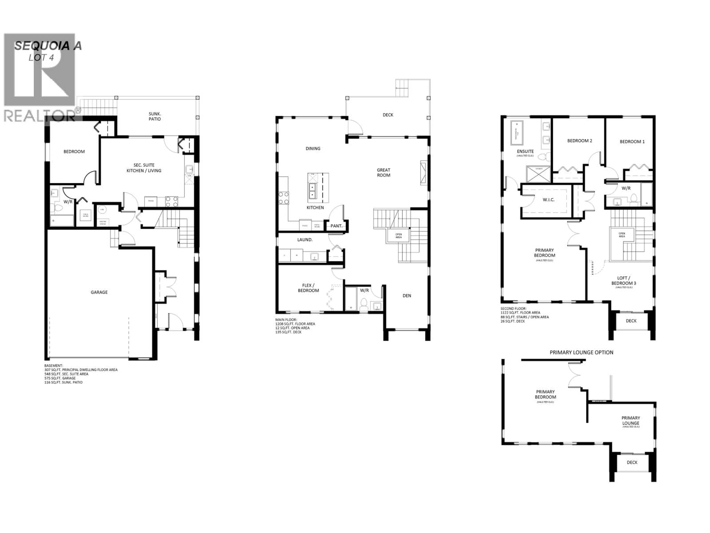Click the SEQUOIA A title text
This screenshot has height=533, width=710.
[48, 46]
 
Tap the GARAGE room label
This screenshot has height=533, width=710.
[99, 292]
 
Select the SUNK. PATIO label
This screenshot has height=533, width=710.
[155, 116]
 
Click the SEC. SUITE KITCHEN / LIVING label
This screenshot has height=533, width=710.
[144, 168]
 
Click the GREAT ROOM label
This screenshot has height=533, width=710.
[384, 172]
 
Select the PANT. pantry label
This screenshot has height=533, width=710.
[336, 226]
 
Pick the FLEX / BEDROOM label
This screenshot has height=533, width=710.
[308, 288]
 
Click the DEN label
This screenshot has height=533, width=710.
[407, 296]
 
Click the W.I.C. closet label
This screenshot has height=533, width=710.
[549, 200]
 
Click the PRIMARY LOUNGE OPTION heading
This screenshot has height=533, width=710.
[581, 352]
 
